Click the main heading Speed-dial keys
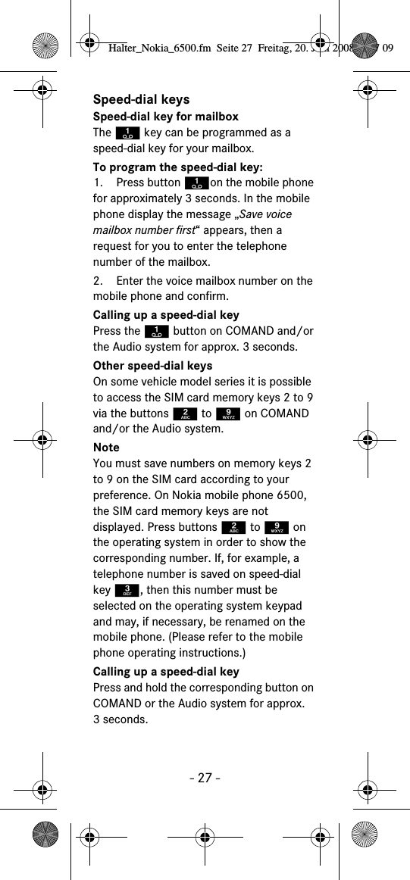tap(141, 99)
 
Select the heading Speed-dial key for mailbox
tap(165, 117)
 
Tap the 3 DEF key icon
tap(128, 590)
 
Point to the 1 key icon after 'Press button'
tap(196, 183)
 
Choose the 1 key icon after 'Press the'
tap(156, 331)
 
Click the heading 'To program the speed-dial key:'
tap(177, 167)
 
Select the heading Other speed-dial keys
tap(152, 366)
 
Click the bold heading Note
tap(106, 448)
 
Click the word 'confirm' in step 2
tap(208, 296)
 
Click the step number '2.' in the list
tap(99, 281)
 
